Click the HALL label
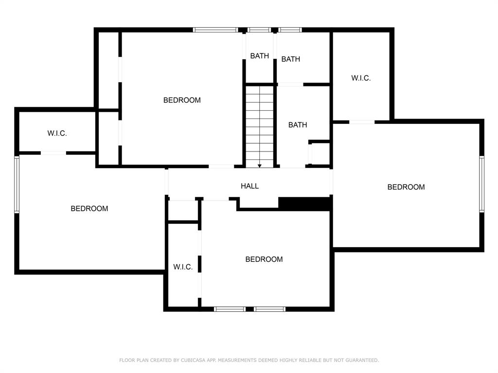pos(249,186)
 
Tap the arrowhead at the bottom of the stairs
pos(260,166)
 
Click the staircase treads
pos(260,127)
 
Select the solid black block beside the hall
pos(305,203)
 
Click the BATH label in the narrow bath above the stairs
pos(260,56)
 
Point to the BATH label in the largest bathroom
pos(298,125)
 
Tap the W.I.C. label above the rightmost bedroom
pos(361,78)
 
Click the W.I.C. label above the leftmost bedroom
pos(57,133)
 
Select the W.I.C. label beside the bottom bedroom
pos(183,267)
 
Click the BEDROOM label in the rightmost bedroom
pos(406,187)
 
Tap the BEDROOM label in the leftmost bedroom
pos(89,209)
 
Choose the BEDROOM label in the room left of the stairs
pos(182,100)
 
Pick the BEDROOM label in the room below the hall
pos(264,259)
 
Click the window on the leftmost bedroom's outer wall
pos(17,184)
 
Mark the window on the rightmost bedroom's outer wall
pos(481,184)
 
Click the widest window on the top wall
pos(215,30)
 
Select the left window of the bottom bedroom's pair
pos(230,309)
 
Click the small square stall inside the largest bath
pos(320,153)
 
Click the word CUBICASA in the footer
pos(193,360)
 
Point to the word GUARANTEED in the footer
pos(362,360)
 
